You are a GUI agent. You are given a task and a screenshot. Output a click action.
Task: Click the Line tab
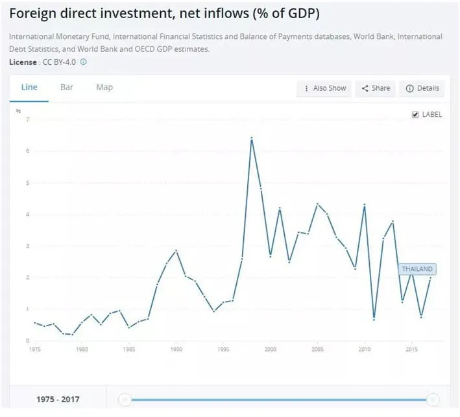point(29,88)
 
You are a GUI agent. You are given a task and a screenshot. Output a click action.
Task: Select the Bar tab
point(66,88)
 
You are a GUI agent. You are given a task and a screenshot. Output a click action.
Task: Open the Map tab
point(104,88)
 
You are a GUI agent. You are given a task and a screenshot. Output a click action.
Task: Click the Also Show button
point(324,88)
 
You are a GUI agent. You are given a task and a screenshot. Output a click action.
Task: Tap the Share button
point(376,88)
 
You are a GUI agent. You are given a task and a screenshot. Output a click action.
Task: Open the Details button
point(422,88)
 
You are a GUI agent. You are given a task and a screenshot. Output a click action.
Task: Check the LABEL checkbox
point(416,115)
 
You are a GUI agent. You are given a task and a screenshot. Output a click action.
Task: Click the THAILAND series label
point(417,269)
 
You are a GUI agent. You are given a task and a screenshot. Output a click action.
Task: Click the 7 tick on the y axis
point(27,120)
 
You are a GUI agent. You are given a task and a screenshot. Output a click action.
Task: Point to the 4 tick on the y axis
point(27,215)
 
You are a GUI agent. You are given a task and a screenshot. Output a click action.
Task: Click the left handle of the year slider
point(125,399)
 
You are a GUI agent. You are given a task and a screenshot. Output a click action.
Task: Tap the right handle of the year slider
point(433,399)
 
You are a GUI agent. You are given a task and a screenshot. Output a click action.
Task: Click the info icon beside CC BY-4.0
point(83,62)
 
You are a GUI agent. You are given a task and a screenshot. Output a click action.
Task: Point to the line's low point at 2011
point(374,319)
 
